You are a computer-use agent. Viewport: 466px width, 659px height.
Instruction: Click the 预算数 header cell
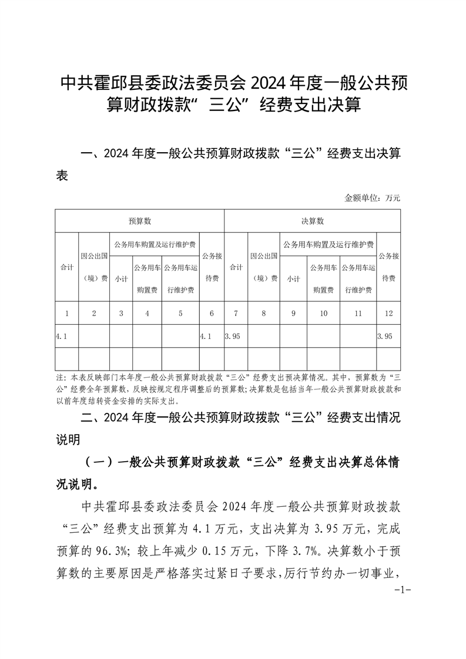coord(140,221)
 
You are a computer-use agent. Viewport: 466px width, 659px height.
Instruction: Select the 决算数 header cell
coord(313,221)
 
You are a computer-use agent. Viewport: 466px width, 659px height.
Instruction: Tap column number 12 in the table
coord(388,314)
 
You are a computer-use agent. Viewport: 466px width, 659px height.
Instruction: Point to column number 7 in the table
coord(236,314)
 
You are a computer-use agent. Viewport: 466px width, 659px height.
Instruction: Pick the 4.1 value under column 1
coord(61,337)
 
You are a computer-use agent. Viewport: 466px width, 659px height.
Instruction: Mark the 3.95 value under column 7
coord(233,337)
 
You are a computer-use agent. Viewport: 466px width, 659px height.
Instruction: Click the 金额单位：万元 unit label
coord(372,198)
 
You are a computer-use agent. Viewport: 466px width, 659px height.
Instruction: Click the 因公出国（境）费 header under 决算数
coord(263,267)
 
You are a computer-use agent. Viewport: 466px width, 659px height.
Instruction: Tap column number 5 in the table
coord(180,314)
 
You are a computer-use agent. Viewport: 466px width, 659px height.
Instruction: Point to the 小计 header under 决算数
coord(293,279)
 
